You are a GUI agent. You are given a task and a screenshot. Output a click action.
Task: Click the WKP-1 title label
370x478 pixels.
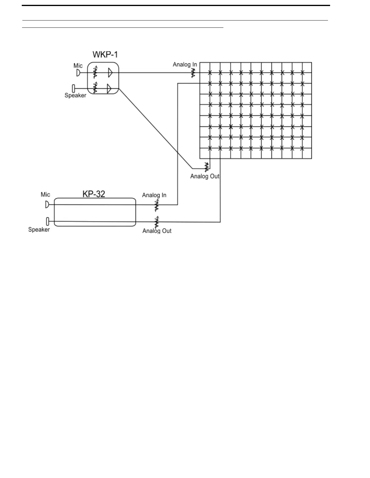(105, 55)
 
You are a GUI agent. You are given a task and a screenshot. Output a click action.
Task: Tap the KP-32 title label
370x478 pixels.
(94, 194)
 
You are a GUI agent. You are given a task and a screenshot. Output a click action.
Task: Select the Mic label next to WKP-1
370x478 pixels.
(78, 65)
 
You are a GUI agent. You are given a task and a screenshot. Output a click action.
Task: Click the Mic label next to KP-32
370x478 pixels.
(45, 195)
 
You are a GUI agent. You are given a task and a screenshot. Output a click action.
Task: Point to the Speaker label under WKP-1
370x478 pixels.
(75, 95)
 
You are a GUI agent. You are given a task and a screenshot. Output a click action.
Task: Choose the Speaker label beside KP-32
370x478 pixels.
(39, 230)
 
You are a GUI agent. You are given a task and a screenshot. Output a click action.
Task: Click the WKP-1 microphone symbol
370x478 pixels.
(78, 73)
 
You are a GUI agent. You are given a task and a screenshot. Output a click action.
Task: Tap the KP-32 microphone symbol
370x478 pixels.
(47, 204)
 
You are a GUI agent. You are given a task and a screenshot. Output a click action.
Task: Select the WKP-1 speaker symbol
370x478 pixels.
(73, 88)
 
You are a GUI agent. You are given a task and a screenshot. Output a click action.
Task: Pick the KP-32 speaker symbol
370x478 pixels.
(47, 221)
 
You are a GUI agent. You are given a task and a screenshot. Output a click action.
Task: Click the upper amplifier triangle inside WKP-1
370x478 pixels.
(110, 73)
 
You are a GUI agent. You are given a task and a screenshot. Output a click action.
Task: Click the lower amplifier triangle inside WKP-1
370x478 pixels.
(109, 88)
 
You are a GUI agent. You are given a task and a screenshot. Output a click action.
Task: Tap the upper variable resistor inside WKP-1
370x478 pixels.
(95, 72)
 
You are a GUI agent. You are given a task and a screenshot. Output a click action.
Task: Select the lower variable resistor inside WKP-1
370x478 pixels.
(95, 88)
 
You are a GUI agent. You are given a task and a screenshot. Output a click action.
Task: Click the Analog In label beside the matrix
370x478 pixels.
(185, 64)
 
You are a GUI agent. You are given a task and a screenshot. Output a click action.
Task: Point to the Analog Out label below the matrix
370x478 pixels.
(205, 176)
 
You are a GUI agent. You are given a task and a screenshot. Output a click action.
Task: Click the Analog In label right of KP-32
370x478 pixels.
(154, 195)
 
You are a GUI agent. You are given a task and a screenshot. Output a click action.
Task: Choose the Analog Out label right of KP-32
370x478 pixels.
(157, 231)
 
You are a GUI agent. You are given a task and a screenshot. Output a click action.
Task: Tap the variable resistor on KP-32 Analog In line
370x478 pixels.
(156, 205)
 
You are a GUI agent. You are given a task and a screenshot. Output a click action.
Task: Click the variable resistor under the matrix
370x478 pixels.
(207, 166)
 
